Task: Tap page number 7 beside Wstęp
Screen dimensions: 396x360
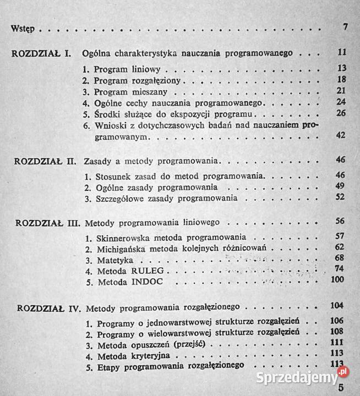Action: point(345,28)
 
